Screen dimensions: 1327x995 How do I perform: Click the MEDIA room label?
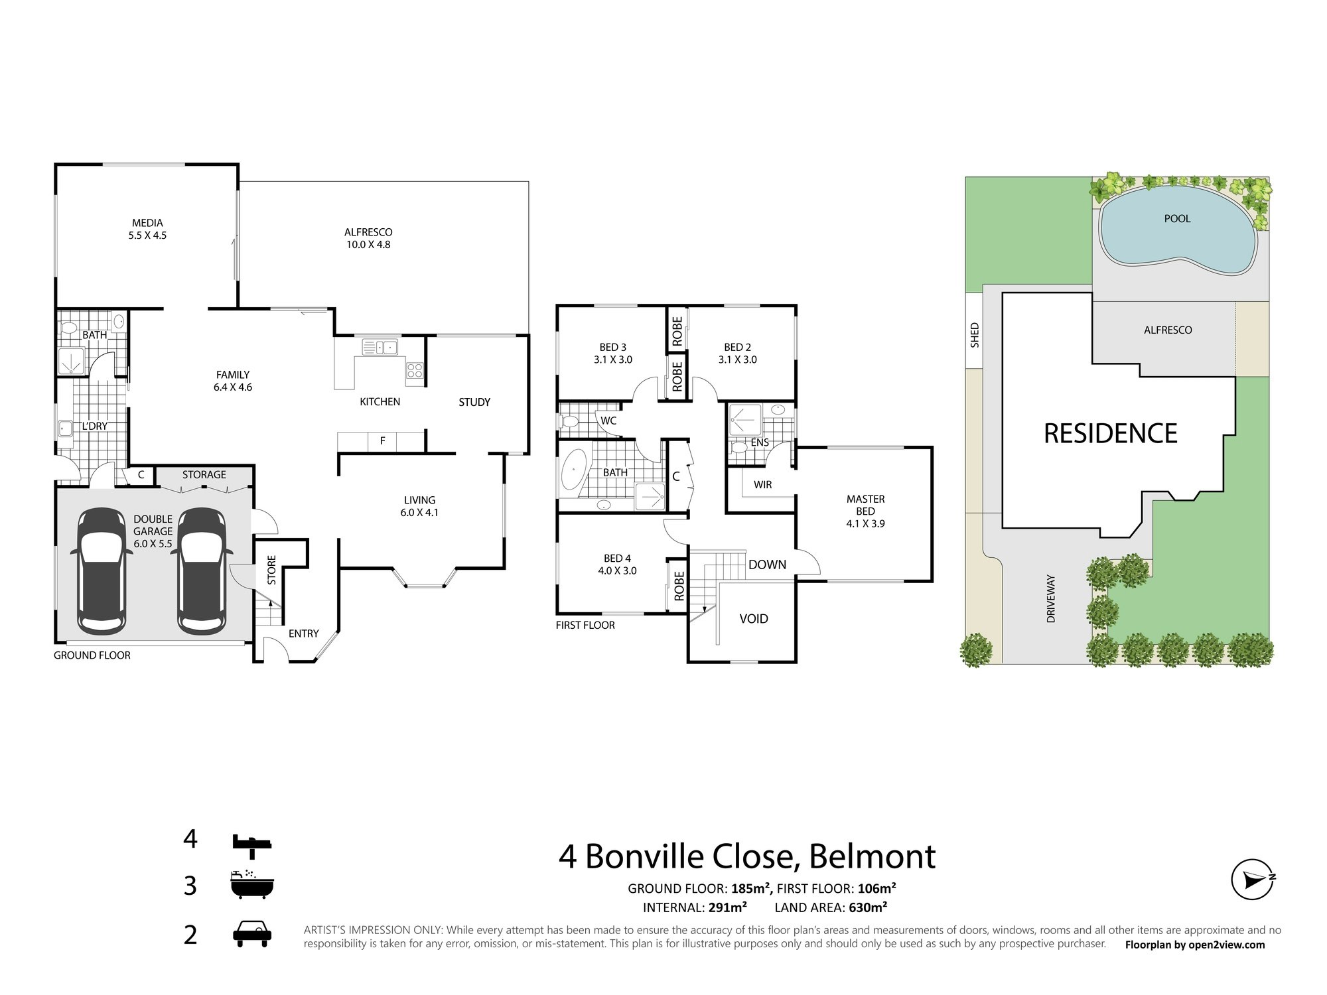point(147,223)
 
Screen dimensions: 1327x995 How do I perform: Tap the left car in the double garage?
point(102,570)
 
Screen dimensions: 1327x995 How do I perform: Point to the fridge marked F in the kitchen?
point(382,440)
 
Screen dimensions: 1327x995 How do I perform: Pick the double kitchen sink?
point(380,347)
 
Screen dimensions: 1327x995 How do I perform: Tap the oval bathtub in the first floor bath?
point(571,472)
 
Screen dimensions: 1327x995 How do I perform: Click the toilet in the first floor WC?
point(569,421)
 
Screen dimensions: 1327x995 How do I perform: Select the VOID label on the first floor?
point(754,618)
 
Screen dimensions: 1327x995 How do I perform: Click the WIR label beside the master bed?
point(763,485)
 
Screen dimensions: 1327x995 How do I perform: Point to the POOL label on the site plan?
point(1178,218)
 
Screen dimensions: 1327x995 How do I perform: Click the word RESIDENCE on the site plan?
point(1111,433)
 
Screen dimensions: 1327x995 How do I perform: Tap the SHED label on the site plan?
point(975,335)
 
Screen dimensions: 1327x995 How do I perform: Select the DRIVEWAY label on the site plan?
point(1051,598)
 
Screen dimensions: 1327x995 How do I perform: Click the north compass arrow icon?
point(1253,880)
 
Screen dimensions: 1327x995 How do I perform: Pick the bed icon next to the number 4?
point(252,842)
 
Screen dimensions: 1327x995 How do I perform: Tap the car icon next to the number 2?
point(252,935)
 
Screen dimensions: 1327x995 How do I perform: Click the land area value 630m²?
point(868,907)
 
